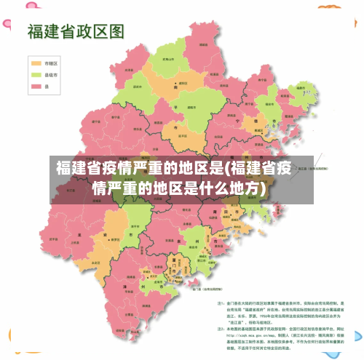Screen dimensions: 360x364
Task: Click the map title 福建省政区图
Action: (x=76, y=31)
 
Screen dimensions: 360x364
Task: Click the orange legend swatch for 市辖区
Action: (x=36, y=63)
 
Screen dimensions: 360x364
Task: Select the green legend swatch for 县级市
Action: (x=36, y=74)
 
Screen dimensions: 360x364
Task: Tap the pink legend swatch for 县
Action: (x=36, y=86)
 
